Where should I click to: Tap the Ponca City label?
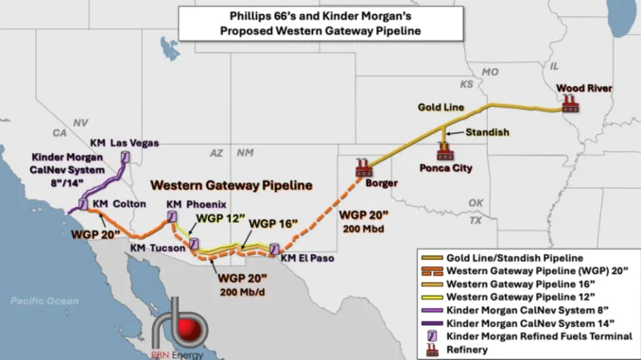click(445, 169)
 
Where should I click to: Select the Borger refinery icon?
click(362, 168)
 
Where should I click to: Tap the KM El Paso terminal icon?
click(275, 249)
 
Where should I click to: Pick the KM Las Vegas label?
click(122, 143)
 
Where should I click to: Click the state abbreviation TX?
click(476, 220)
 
